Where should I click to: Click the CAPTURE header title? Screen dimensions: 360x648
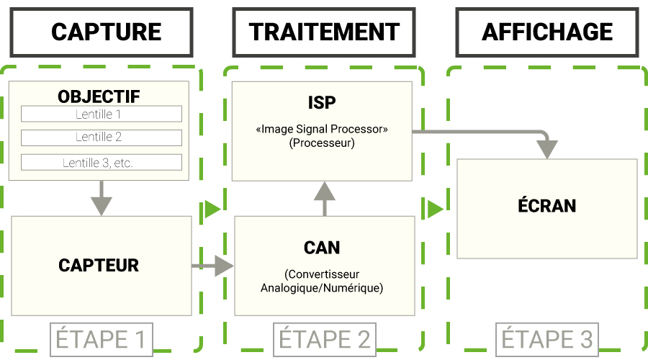coord(106,32)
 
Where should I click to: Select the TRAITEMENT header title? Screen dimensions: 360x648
coord(324,32)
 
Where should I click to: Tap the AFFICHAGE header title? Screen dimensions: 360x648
coord(547,32)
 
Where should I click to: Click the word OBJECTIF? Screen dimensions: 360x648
coord(99,96)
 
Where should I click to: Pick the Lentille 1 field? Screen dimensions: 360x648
coord(101,114)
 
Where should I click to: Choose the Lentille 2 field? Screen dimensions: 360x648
coord(101,137)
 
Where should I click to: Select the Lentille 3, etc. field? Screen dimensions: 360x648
coord(101,163)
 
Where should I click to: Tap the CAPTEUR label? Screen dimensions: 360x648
coord(99,266)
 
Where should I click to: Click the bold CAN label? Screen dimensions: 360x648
coord(322,248)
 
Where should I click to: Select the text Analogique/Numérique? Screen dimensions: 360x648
coord(322,288)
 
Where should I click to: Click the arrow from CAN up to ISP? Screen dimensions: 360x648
coord(325,198)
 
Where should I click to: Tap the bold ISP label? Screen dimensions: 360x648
coord(322,103)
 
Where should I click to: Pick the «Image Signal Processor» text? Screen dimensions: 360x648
coord(322,130)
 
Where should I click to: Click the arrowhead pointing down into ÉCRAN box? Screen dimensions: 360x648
coord(548,148)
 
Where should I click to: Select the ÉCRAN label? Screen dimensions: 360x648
coord(547,205)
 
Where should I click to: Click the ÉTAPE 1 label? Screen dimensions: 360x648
coord(102,338)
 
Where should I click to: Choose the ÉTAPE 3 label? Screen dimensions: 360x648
coord(547,338)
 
